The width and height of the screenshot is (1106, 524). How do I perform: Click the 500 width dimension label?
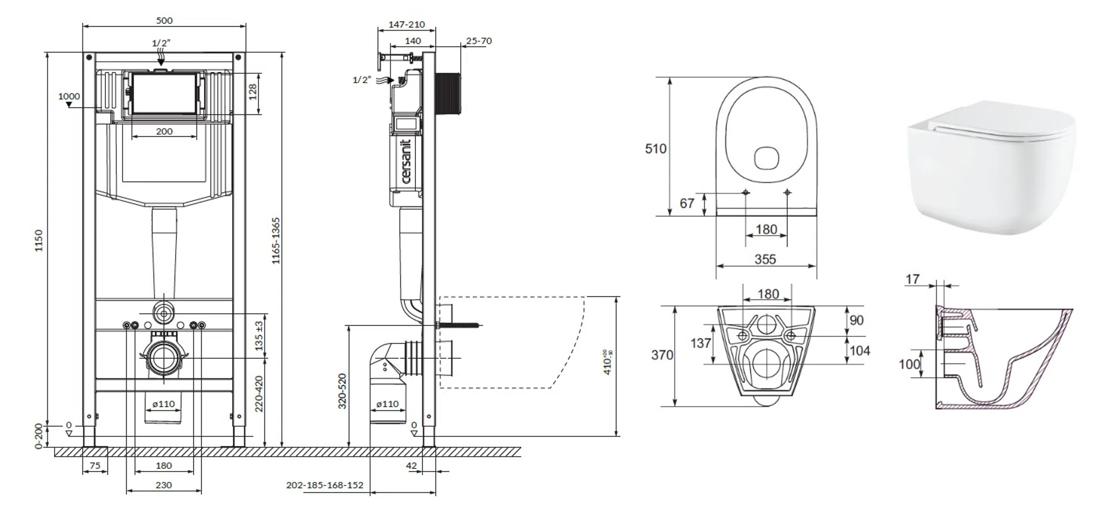pyautogui.click(x=164, y=21)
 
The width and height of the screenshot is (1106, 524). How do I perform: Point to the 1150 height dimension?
pyautogui.click(x=39, y=241)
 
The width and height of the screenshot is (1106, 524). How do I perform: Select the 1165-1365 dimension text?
pyautogui.click(x=276, y=241)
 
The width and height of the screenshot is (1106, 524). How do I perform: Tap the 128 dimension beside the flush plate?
pyautogui.click(x=252, y=92)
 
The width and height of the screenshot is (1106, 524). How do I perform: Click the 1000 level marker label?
pyautogui.click(x=69, y=96)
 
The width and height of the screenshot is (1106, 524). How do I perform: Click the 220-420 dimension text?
pyautogui.click(x=259, y=394)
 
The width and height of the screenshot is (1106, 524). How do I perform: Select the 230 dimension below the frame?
pyautogui.click(x=164, y=485)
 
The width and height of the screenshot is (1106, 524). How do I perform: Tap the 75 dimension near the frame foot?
pyautogui.click(x=95, y=465)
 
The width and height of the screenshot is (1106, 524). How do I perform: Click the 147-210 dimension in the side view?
pyautogui.click(x=407, y=25)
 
